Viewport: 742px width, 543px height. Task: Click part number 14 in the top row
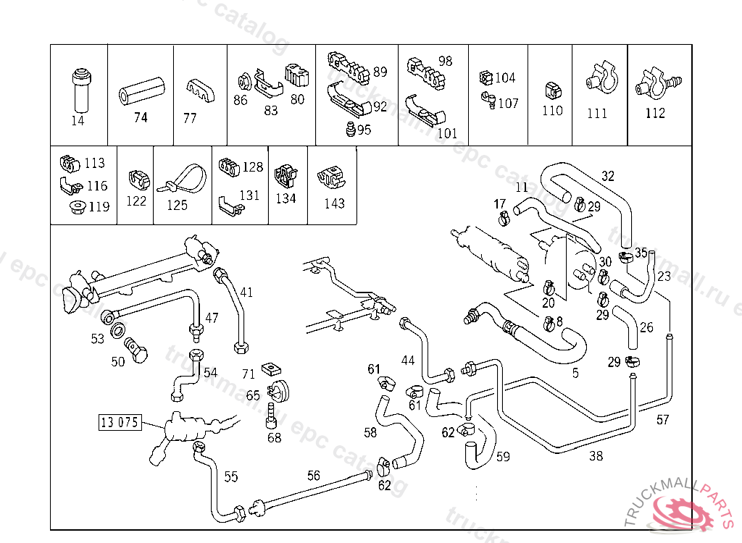[x=78, y=121]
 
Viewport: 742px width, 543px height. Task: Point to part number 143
[x=334, y=203]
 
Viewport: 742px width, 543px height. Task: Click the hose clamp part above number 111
[x=599, y=79]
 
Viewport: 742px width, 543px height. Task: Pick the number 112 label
[x=655, y=114]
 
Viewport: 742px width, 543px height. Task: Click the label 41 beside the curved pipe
[x=246, y=292]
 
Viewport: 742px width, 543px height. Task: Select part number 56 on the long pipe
[x=313, y=476]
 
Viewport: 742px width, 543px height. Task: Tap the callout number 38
[x=596, y=456]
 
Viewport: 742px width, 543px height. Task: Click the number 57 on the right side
[x=662, y=419]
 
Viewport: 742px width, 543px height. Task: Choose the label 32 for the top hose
[x=607, y=176]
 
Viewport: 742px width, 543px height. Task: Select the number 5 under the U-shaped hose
[x=575, y=374]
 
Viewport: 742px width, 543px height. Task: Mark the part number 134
[x=285, y=198]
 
